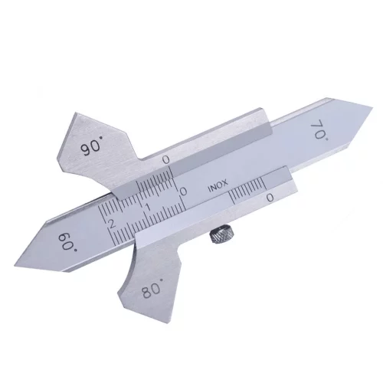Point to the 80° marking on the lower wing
pos(152,288)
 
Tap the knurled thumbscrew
pos(221,234)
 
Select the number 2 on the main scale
pos(111,224)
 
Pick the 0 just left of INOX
pos(183,191)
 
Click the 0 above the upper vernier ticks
pos(166,160)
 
